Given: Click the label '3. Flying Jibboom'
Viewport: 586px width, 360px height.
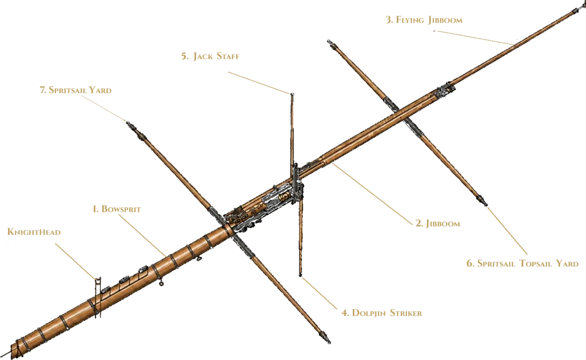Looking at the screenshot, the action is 424,20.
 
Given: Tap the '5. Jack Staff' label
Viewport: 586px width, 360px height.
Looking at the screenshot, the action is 211,57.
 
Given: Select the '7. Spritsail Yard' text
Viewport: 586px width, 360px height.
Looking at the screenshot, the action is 76,90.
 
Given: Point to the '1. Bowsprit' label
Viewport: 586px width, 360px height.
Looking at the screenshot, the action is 117,209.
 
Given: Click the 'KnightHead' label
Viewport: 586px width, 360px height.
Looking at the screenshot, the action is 34,232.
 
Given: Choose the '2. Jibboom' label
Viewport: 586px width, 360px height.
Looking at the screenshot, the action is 438,224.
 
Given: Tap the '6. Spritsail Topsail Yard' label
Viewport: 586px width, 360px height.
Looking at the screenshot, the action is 522,263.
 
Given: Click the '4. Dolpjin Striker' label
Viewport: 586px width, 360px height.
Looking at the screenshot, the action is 382,313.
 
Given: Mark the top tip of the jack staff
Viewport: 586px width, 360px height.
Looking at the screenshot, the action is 291,94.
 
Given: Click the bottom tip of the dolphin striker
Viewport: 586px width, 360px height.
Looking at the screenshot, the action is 300,275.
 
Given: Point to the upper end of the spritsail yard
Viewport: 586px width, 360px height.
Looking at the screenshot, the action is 128,122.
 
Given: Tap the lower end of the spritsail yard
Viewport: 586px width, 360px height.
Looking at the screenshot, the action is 329,341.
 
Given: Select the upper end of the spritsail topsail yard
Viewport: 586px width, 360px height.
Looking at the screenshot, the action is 329,41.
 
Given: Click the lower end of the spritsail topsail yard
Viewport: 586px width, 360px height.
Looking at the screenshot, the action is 486,204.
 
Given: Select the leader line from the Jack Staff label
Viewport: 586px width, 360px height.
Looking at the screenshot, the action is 259,82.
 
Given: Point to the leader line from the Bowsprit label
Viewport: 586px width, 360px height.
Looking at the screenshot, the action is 143,235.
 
